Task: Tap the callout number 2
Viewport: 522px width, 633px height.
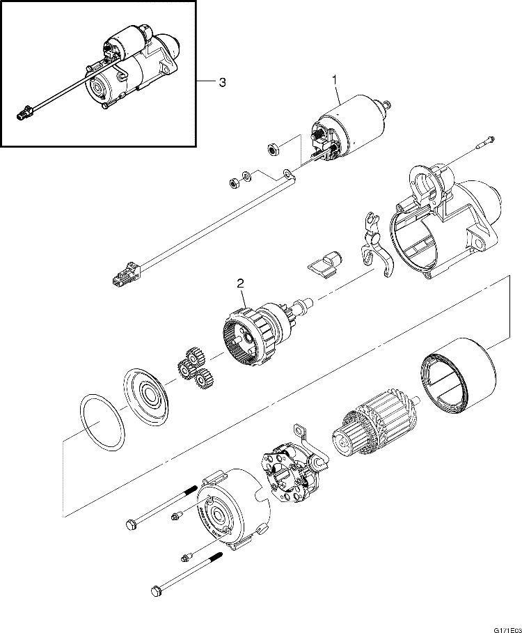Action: [240, 283]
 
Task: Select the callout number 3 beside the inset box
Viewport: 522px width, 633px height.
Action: [222, 82]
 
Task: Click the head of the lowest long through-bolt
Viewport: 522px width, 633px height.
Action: [157, 592]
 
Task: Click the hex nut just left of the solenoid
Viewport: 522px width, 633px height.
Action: [274, 148]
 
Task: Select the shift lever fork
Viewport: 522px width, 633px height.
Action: [376, 247]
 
